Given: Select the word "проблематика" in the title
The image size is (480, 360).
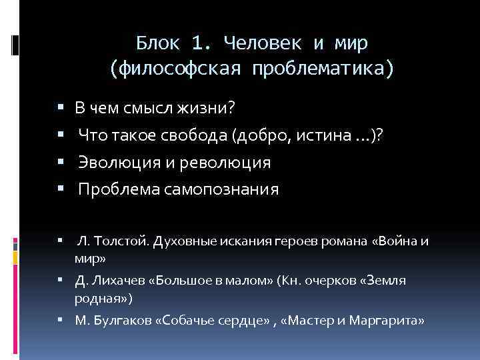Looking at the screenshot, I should [x=321, y=68].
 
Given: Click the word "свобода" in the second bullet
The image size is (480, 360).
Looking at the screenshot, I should [x=199, y=136].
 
